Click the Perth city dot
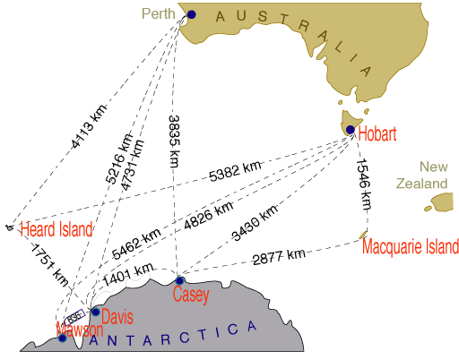coord(191,14)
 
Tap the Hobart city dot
coord(350,130)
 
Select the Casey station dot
coord(179,281)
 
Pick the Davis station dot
coord(95,312)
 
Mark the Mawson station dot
coord(62,338)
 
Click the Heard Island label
coord(57,229)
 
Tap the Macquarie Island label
coord(411,246)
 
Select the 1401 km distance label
coord(129,278)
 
